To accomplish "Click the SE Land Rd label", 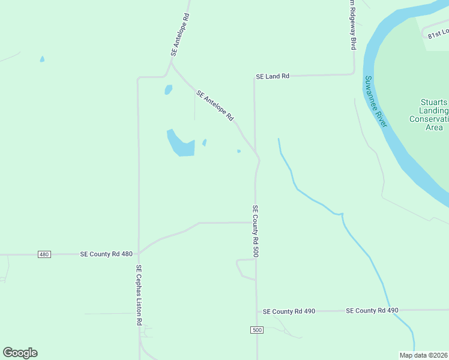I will (273, 76).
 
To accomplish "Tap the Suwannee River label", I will (376, 101).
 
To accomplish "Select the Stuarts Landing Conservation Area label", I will (429, 115).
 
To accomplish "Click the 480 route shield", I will (44, 254).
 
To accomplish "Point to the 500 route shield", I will (256, 331).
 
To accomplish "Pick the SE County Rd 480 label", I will (106, 254).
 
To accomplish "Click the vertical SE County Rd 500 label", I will (255, 231).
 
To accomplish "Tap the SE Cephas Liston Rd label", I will (138, 295).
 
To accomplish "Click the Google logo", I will (20, 353).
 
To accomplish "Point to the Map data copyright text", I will (423, 355).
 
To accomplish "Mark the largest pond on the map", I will (181, 145).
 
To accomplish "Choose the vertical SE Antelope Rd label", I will (179, 34).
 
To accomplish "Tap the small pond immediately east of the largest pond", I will (205, 143).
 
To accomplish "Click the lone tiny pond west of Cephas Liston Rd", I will (41, 59).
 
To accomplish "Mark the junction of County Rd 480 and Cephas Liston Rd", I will (139, 254).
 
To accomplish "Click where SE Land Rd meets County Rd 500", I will (255, 77).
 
